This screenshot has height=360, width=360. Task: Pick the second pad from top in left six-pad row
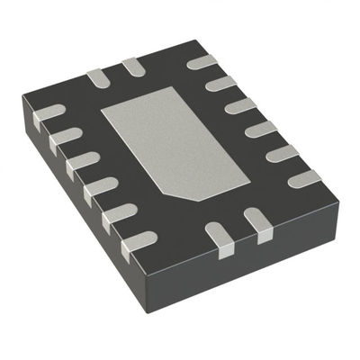65,138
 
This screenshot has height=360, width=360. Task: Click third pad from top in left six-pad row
82,163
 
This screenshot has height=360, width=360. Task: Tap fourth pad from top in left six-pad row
99,188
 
